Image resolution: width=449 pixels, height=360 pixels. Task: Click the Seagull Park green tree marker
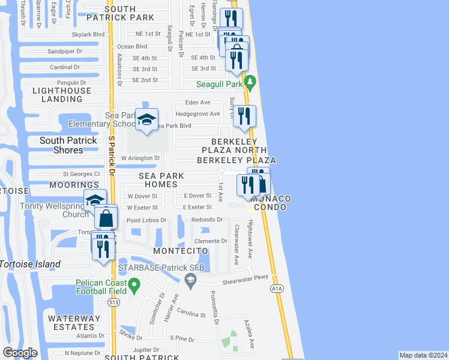[x=251, y=82]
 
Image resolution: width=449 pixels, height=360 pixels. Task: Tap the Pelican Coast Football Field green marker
[x=134, y=284]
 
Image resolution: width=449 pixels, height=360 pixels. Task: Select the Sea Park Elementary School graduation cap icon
[x=146, y=120]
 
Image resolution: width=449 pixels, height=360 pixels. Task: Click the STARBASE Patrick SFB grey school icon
[x=190, y=278]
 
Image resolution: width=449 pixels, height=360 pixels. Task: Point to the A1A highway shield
[x=276, y=289]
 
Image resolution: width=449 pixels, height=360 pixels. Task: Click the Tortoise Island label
[x=30, y=264]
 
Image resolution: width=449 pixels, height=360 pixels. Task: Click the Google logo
[x=20, y=353]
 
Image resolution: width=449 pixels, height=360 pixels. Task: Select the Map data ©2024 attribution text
[x=424, y=355]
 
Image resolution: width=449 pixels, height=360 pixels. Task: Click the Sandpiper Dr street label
[x=65, y=52]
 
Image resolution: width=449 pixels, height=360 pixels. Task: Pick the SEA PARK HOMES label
[x=160, y=180]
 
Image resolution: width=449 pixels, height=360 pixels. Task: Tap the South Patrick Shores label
[x=68, y=145]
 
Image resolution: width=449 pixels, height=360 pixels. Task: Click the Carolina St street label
[x=191, y=314]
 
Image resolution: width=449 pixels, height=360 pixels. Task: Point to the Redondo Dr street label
[x=206, y=220]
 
